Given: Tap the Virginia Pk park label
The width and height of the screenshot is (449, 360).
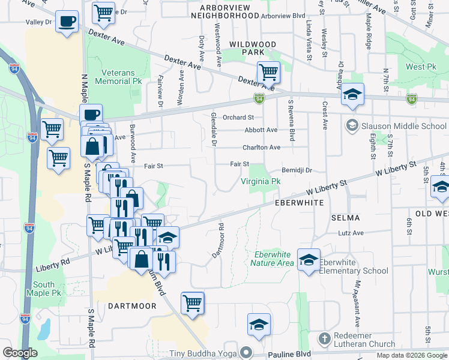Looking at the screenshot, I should (x=261, y=181).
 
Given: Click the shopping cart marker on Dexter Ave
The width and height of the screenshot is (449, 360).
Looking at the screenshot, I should (x=269, y=73).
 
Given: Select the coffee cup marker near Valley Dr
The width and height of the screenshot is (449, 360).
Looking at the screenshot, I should (x=67, y=22).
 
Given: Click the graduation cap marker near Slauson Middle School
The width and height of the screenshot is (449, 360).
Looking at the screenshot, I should (x=353, y=94).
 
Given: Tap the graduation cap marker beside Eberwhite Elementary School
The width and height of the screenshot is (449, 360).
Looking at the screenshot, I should (x=309, y=259).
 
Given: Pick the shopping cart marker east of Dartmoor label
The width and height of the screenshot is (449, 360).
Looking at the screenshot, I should (x=193, y=302).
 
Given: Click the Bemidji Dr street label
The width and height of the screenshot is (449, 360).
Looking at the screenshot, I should (x=297, y=170).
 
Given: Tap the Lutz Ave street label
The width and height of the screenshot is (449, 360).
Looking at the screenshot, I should (x=351, y=233).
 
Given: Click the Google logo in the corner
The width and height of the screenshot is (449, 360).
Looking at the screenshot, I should (x=20, y=353).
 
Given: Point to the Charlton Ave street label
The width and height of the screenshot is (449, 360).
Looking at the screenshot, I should (x=261, y=147).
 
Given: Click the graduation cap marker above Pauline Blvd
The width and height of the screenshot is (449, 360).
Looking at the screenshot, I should (x=259, y=325).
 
